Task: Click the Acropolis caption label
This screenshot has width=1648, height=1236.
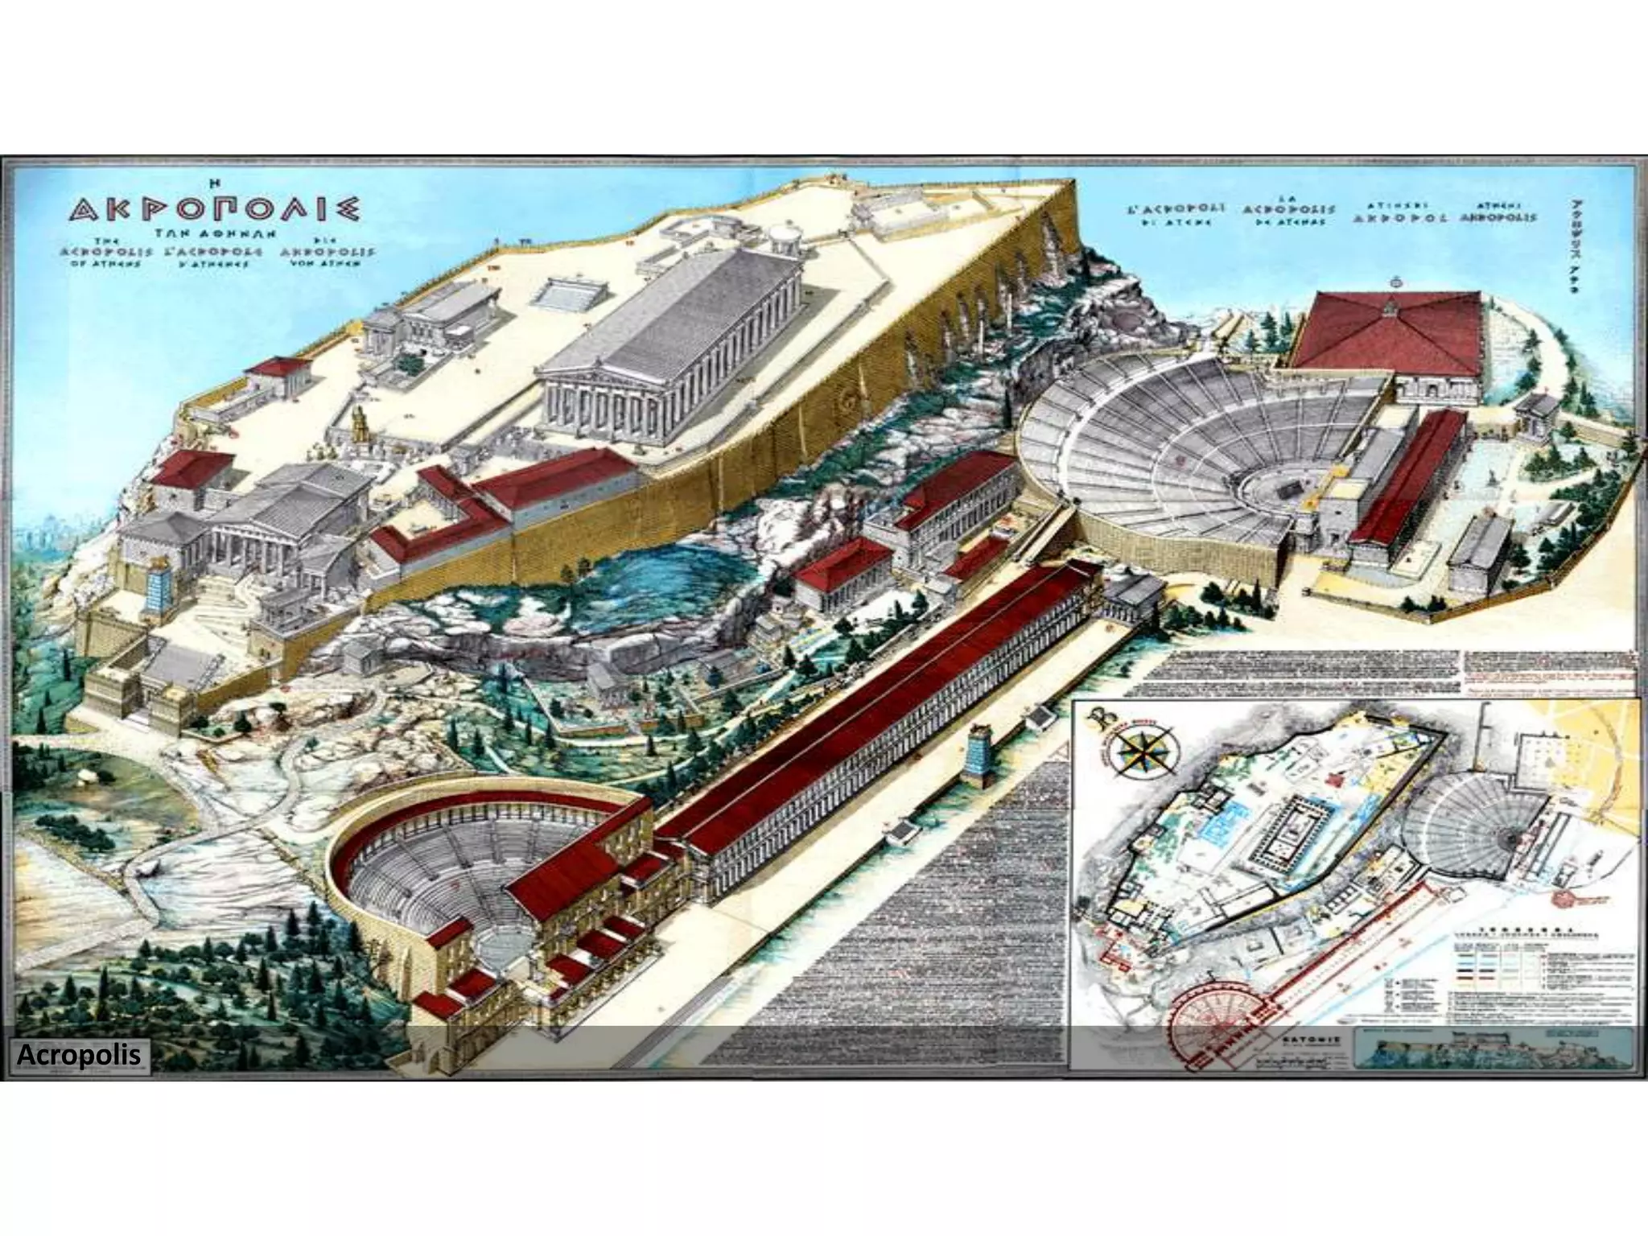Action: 78,1054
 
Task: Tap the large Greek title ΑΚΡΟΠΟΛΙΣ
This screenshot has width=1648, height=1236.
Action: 214,212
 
